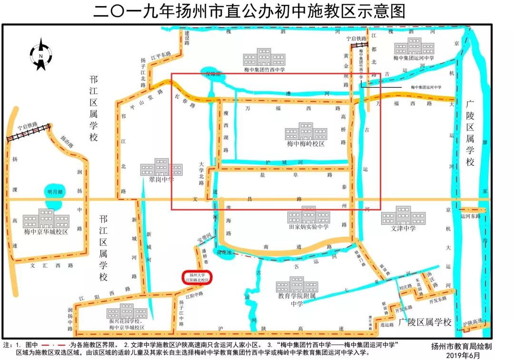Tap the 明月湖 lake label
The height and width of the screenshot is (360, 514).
tap(55, 192)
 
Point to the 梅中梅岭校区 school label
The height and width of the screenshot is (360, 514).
tap(306, 143)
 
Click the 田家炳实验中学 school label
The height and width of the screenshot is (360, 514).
tap(308, 227)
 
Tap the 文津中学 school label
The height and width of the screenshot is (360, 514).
tap(403, 228)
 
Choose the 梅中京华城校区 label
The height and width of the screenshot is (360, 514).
tap(47, 232)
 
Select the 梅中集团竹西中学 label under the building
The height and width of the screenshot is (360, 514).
tap(264, 70)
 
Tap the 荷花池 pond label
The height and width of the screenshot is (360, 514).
tap(223, 251)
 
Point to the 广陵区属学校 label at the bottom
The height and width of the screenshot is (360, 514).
tap(425, 322)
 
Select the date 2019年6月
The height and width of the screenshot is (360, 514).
tap(465, 355)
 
